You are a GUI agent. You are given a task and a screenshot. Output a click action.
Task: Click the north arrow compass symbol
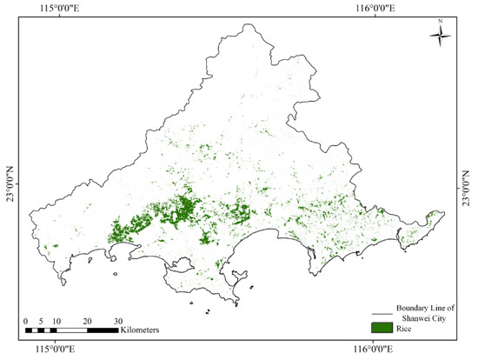[x=441, y=36]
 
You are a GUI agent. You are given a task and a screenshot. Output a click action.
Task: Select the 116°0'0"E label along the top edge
[x=376, y=7]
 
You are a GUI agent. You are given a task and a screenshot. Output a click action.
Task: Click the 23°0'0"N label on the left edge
[x=10, y=183]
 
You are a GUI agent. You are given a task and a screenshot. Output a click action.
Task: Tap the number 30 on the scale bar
[x=118, y=321]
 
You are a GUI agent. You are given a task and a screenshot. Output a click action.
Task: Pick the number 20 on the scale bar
[x=87, y=321]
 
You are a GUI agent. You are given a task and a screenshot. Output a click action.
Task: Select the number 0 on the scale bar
[x=26, y=321]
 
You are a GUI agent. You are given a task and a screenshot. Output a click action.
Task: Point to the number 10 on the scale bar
[x=56, y=321]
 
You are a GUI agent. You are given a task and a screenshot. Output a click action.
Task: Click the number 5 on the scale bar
[x=41, y=321]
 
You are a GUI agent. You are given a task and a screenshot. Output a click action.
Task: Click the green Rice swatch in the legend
[x=382, y=329]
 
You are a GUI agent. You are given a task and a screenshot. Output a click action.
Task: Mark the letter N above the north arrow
[x=441, y=20]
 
